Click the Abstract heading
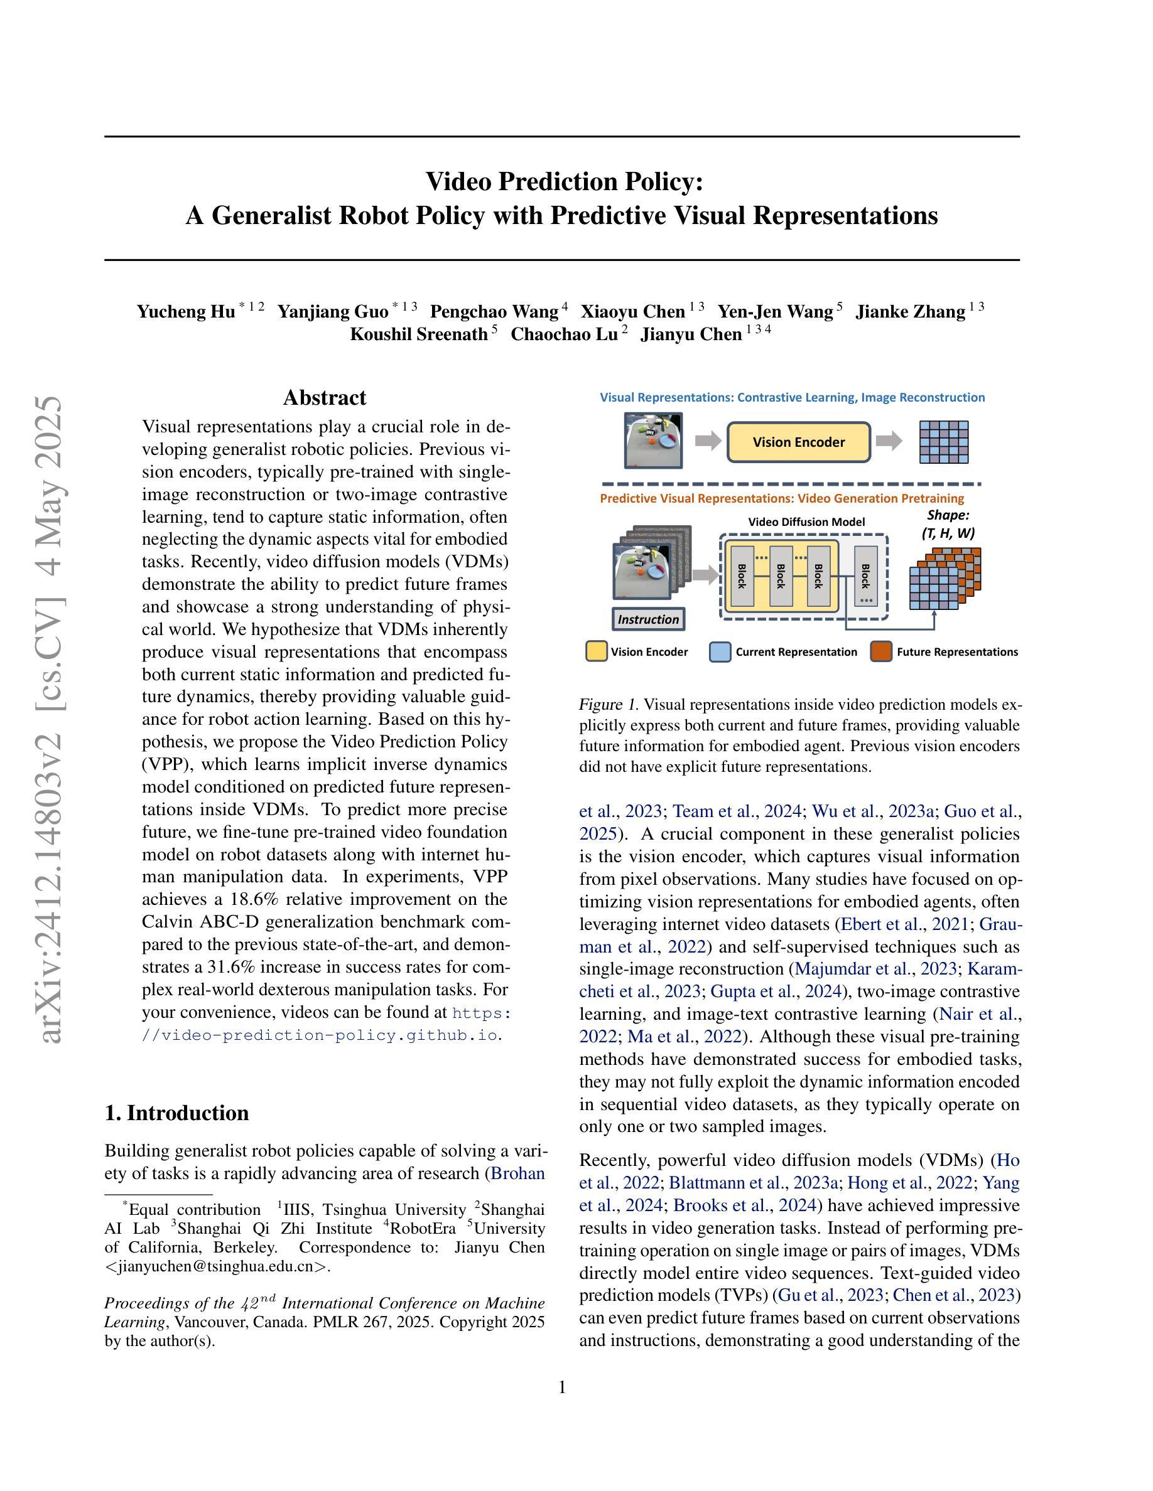325,397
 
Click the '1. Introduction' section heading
176,1113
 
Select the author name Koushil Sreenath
419,334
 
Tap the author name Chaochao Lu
563,334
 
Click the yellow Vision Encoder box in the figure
798,442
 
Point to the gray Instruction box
648,619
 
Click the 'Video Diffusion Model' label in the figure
806,521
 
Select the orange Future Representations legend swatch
881,651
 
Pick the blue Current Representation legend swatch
720,651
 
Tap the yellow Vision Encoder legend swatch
597,651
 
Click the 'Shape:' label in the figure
948,515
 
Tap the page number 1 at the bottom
562,1387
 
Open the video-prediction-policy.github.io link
319,1035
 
